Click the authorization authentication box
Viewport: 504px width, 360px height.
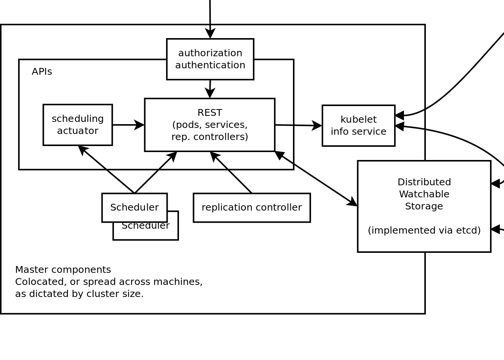coord(210,59)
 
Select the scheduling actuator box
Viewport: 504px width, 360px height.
coord(77,125)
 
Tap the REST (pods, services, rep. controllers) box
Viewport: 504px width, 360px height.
coord(210,125)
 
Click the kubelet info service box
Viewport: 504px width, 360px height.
coord(358,126)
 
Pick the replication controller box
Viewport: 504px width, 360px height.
coord(251,208)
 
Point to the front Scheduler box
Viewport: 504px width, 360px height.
coord(134,208)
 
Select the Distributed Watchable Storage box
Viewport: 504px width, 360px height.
coord(424,206)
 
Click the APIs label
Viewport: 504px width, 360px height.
coord(42,72)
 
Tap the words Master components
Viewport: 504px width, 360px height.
coord(63,270)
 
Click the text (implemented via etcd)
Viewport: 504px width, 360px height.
coord(424,230)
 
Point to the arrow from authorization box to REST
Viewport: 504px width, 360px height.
coord(210,89)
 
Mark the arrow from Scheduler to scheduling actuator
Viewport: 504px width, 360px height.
coord(106,169)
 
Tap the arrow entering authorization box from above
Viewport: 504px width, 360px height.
coord(210,19)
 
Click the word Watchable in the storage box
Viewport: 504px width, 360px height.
coord(424,194)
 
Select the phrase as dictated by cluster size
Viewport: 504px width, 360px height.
coord(79,294)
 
